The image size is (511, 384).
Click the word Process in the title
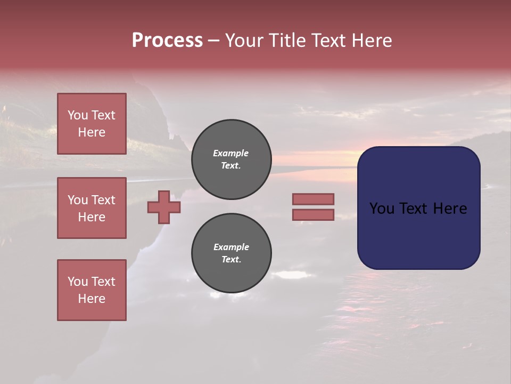click(167, 41)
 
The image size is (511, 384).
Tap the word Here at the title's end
click(371, 41)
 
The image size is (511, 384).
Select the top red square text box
click(92, 124)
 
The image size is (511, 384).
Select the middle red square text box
click(92, 208)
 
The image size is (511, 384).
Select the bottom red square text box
click(92, 290)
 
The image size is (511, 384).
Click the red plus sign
click(164, 207)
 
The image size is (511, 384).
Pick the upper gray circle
click(232, 159)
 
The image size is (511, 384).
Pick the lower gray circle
click(232, 253)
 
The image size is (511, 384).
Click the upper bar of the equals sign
click(313, 199)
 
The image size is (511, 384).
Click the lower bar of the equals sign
click(313, 214)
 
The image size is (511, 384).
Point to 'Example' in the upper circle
click(231, 153)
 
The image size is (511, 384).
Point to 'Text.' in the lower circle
click(231, 260)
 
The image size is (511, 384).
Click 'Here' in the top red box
click(92, 133)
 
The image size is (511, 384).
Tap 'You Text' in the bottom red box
click(92, 282)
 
